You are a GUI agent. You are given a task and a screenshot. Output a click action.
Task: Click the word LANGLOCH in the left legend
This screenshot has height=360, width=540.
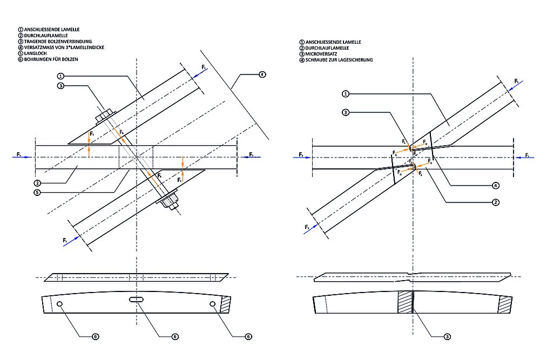pos(35,53)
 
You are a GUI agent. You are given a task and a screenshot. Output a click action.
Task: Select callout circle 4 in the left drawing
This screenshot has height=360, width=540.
pos(262,74)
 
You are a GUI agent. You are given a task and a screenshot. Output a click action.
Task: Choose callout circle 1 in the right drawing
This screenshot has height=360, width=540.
pos(345,94)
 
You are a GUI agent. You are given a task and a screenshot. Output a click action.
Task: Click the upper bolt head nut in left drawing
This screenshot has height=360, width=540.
pos(104,115)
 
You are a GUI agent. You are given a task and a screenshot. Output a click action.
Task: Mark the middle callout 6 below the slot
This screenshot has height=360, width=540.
pos(175,336)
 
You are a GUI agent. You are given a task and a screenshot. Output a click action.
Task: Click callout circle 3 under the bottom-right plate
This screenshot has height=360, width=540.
pos(447,336)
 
